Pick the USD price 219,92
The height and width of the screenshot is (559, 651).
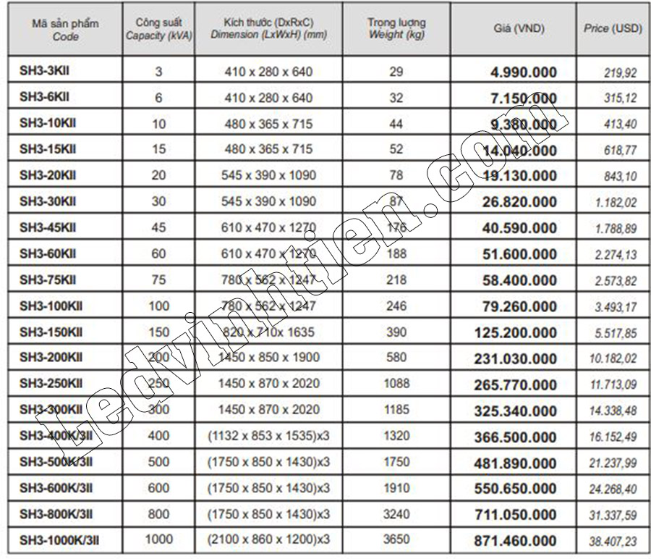pyautogui.click(x=619, y=72)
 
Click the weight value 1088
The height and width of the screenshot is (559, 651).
pyautogui.click(x=396, y=384)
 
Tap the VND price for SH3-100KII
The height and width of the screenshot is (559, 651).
pyautogui.click(x=519, y=307)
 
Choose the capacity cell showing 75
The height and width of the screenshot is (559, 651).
pyautogui.click(x=158, y=280)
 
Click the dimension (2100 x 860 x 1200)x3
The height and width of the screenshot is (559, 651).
pyautogui.click(x=268, y=539)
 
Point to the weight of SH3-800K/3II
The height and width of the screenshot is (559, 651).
pyautogui.click(x=396, y=514)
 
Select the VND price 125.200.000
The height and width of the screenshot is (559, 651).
pyautogui.click(x=515, y=333)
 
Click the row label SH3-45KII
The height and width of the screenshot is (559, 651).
pyautogui.click(x=48, y=228)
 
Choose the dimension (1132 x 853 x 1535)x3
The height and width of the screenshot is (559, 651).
pyautogui.click(x=268, y=436)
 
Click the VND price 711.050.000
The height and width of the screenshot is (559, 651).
pyautogui.click(x=515, y=514)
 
